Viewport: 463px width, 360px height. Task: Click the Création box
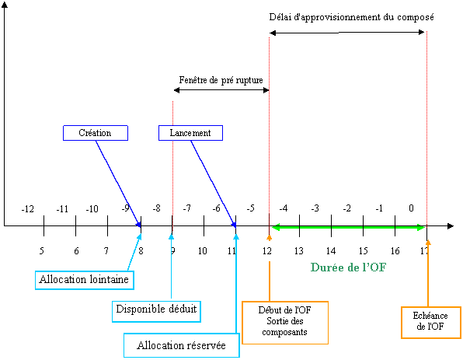pyautogui.click(x=96, y=133)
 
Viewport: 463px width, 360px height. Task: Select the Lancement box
pyautogui.click(x=190, y=133)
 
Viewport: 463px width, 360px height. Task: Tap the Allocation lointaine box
pyautogui.click(x=85, y=280)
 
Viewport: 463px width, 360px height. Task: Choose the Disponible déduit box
pyautogui.click(x=156, y=311)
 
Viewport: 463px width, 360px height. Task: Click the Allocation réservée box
pyautogui.click(x=181, y=345)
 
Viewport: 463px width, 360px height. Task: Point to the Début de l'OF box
pyautogui.click(x=285, y=323)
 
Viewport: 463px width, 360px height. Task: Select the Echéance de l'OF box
pyautogui.click(x=431, y=322)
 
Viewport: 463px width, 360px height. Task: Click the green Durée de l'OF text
pyautogui.click(x=349, y=267)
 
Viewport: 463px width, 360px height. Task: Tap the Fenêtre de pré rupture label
pyautogui.click(x=221, y=80)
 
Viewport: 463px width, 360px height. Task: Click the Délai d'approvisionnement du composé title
pyautogui.click(x=351, y=17)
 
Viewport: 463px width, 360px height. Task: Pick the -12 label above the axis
pyautogui.click(x=27, y=209)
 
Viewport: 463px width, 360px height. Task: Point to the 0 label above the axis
pyautogui.click(x=411, y=208)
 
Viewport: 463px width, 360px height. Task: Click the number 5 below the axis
pyautogui.click(x=42, y=250)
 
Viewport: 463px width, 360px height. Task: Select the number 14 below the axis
pyautogui.click(x=331, y=250)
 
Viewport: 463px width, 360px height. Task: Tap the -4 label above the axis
pyautogui.click(x=284, y=208)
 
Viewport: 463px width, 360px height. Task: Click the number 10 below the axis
pyautogui.click(x=202, y=250)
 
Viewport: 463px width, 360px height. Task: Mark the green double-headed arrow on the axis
pyautogui.click(x=348, y=227)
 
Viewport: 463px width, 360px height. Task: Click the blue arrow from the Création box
pyautogui.click(x=118, y=183)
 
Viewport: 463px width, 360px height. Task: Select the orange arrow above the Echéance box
pyautogui.click(x=428, y=273)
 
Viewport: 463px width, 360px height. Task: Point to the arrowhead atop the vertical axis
pyautogui.click(x=4, y=4)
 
